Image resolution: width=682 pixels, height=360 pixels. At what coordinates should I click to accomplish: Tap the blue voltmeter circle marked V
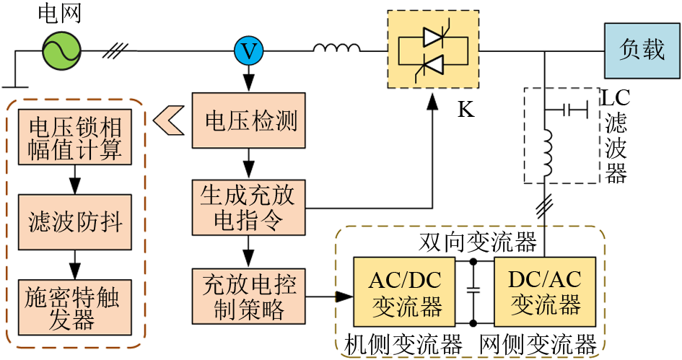[x=248, y=51]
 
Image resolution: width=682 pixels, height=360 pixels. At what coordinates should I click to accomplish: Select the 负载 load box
[x=642, y=50]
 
